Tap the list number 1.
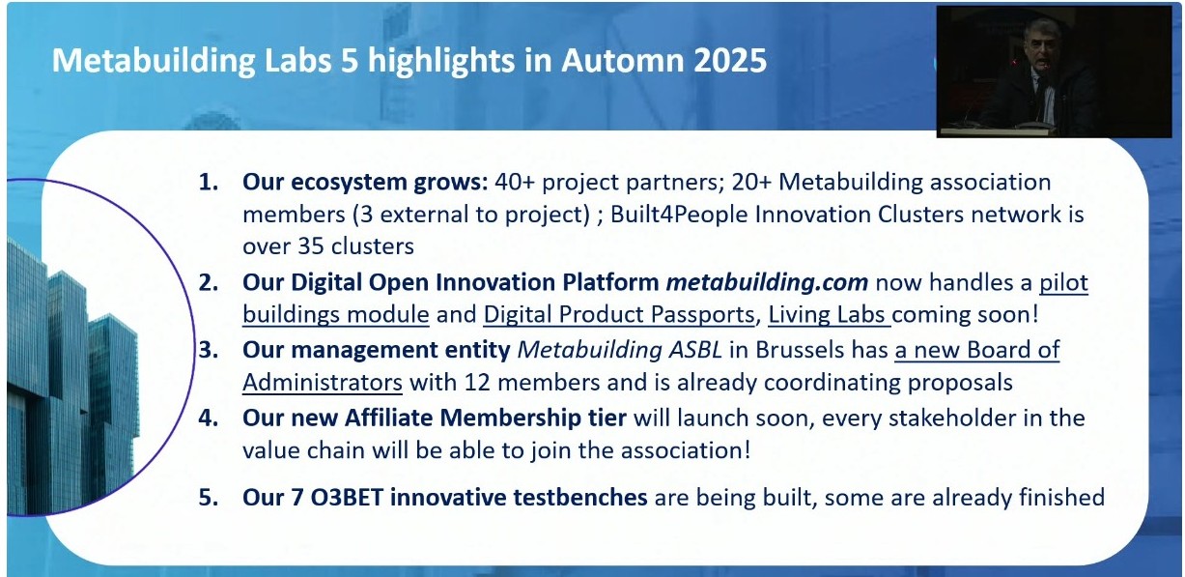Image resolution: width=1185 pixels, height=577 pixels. (x=209, y=182)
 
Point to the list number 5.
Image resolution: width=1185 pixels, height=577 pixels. (x=209, y=498)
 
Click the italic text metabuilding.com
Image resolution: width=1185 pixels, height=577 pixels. (x=767, y=282)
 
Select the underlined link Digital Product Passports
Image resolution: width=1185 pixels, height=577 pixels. (x=618, y=315)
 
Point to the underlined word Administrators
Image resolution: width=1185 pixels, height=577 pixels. (x=323, y=383)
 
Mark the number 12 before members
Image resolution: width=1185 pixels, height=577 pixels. (x=477, y=383)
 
